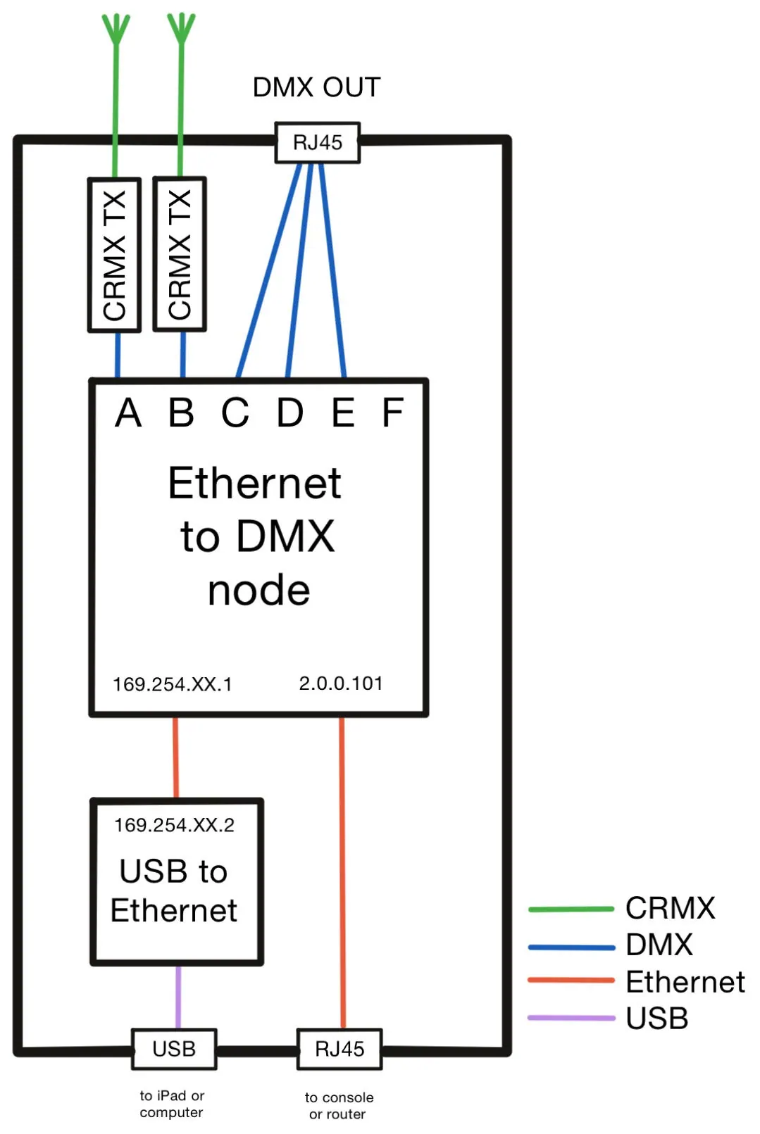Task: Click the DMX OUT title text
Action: (x=316, y=87)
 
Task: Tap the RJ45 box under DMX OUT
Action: (x=318, y=143)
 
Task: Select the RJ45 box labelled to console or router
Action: (x=339, y=1049)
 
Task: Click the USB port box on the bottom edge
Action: (x=174, y=1049)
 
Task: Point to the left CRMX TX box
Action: (x=115, y=255)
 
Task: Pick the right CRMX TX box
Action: (x=180, y=254)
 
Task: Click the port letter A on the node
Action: (x=127, y=412)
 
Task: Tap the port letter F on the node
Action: (x=392, y=412)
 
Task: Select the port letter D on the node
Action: (x=289, y=412)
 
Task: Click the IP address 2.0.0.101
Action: (x=340, y=683)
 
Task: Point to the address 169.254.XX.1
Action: (x=173, y=684)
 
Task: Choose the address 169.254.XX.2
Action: (x=174, y=825)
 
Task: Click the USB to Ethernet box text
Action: (x=174, y=890)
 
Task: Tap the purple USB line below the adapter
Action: (x=178, y=997)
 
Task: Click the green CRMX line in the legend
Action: (x=571, y=909)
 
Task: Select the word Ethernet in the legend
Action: (x=685, y=982)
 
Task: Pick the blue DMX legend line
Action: (x=571, y=947)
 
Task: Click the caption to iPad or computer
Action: (x=172, y=1104)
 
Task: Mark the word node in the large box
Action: (x=259, y=591)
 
